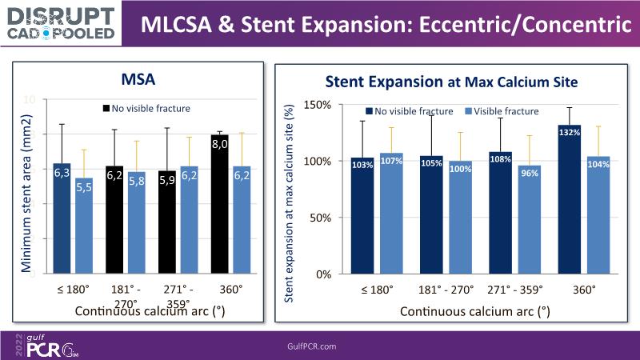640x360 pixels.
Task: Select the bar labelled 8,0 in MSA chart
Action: (x=220, y=204)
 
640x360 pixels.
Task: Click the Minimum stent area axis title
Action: (x=30, y=186)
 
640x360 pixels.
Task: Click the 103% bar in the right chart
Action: (x=362, y=215)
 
